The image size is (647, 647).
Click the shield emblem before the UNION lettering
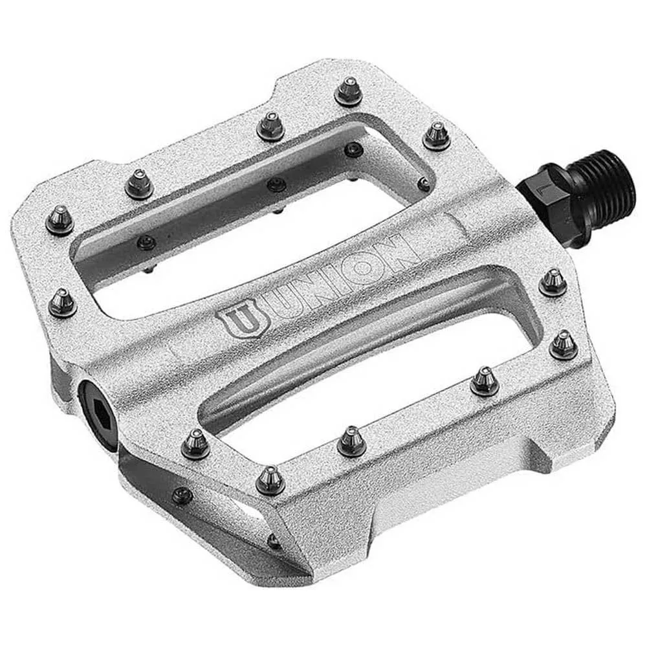[236, 321]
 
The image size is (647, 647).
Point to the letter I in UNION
[342, 274]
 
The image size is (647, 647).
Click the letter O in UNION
[371, 261]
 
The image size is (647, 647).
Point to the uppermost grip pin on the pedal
[348, 91]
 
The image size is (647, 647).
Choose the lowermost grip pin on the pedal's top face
[270, 479]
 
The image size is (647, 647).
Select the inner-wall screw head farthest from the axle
[147, 243]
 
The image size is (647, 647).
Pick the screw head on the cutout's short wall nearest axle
[424, 185]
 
